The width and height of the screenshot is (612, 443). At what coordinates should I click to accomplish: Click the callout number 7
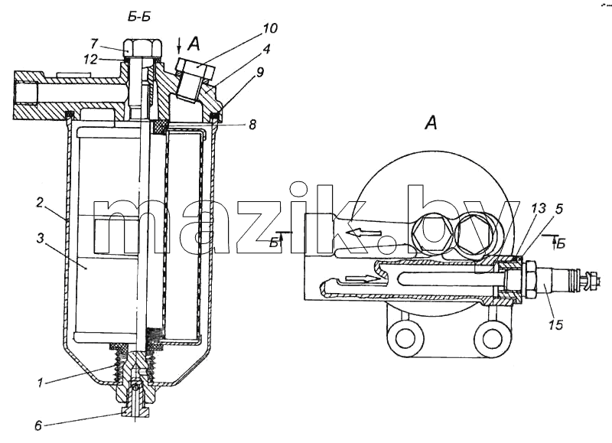(x=94, y=43)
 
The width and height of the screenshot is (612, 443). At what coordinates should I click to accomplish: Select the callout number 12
(x=90, y=60)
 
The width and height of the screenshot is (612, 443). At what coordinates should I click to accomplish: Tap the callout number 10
(x=270, y=28)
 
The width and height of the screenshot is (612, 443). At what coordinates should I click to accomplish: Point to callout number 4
(x=266, y=49)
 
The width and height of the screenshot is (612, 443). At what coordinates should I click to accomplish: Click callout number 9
(x=259, y=72)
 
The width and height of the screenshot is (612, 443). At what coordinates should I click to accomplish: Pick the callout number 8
(x=252, y=125)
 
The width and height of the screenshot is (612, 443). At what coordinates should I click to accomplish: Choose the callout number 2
(x=40, y=203)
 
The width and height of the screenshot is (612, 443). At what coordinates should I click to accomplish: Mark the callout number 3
(x=41, y=238)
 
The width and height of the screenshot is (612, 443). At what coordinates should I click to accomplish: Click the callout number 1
(x=40, y=383)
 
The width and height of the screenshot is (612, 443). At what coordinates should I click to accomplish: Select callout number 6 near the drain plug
(x=37, y=425)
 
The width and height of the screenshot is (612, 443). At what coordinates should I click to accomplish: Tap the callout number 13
(x=539, y=208)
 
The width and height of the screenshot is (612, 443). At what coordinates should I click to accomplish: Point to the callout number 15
(x=555, y=324)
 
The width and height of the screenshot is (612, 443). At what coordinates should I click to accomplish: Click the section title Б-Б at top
(x=139, y=17)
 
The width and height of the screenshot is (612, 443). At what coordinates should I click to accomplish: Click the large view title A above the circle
(x=431, y=123)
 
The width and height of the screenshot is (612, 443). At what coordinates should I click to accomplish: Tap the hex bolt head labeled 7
(x=142, y=48)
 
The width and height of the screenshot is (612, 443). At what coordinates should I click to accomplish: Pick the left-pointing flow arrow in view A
(x=364, y=233)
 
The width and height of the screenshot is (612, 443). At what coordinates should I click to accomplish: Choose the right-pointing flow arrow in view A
(x=363, y=279)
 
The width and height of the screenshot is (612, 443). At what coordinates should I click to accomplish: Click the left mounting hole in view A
(x=405, y=336)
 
